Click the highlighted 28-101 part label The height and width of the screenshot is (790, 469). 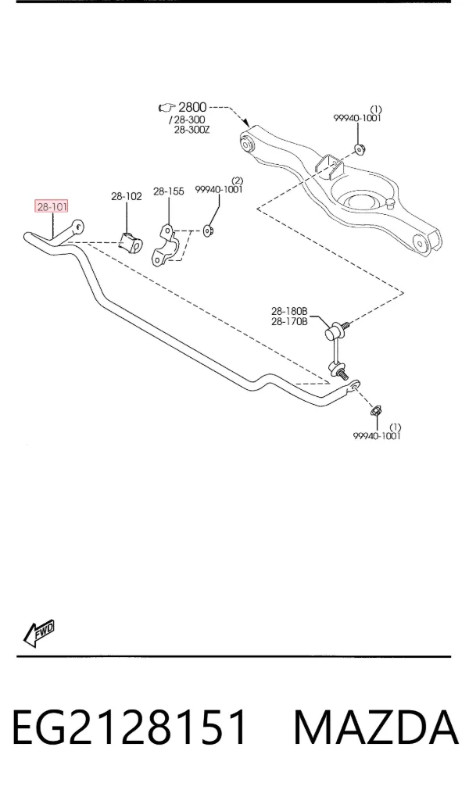point(52,206)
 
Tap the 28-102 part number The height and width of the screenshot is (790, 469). point(127,196)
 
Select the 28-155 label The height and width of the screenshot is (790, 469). point(169,191)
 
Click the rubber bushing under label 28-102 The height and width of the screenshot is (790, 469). point(131,241)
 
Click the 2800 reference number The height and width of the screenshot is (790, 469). point(192,107)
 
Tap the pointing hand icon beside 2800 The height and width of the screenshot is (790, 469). point(166,107)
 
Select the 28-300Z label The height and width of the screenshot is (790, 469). point(192,130)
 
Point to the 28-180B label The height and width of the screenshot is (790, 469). point(289,311)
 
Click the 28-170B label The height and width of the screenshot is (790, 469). point(289,321)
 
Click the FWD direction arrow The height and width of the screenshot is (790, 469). point(39,633)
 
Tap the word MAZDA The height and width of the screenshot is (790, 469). point(376,727)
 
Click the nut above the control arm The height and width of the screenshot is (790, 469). point(360,148)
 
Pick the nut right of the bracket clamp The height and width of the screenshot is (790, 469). point(208,231)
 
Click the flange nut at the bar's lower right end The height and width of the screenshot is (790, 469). point(376,410)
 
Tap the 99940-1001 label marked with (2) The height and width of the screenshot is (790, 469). point(219,189)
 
